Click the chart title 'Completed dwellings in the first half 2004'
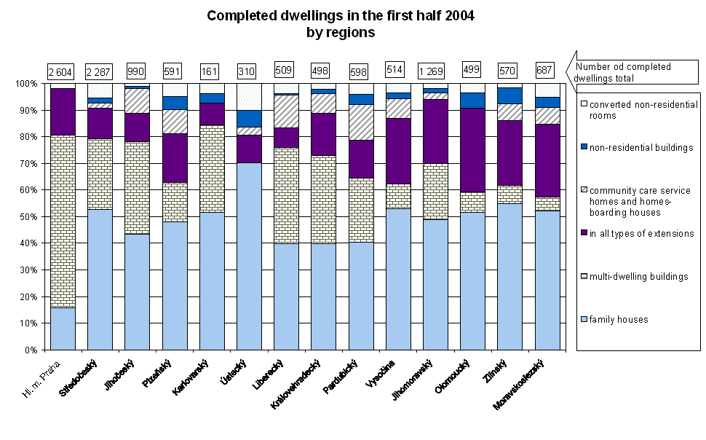click(341, 15)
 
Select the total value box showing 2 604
click(62, 71)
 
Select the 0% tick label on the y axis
click(30, 350)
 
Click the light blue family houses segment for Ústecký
click(249, 256)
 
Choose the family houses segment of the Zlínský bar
click(509, 276)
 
